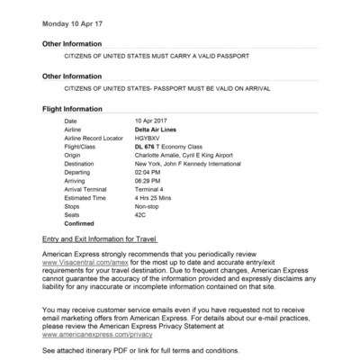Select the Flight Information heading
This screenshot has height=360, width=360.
(x=75, y=109)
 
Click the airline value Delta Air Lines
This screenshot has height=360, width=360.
(x=155, y=130)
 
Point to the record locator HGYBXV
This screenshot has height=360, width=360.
(x=148, y=138)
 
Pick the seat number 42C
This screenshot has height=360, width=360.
(x=141, y=216)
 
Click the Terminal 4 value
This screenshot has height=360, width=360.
(x=149, y=190)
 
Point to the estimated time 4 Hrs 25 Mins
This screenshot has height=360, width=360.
(x=156, y=199)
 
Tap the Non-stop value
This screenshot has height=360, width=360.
(x=148, y=207)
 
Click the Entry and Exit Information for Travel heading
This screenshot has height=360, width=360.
(x=100, y=241)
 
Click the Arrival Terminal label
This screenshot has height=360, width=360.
(x=86, y=190)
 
